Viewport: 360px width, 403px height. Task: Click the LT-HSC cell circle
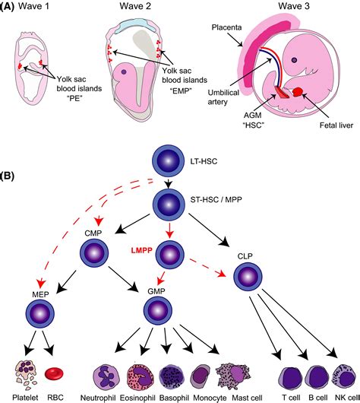(169, 161)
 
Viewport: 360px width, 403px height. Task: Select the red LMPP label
(142, 250)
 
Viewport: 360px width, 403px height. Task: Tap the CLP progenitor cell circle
(248, 276)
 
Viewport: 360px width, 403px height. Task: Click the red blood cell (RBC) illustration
(54, 373)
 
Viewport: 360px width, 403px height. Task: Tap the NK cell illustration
(344, 377)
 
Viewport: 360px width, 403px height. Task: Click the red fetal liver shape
(298, 92)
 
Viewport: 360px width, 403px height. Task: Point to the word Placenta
(226, 27)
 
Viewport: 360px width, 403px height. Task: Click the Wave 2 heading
(135, 6)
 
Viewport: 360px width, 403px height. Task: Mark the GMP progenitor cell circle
(158, 311)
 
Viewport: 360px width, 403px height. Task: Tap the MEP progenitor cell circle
(40, 314)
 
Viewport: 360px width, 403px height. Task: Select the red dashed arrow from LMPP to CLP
(208, 268)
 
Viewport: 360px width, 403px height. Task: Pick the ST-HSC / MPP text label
(216, 199)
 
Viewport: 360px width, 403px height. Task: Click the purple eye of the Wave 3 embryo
(294, 60)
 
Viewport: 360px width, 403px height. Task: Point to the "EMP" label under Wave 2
(181, 90)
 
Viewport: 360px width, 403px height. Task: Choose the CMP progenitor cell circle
(94, 253)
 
